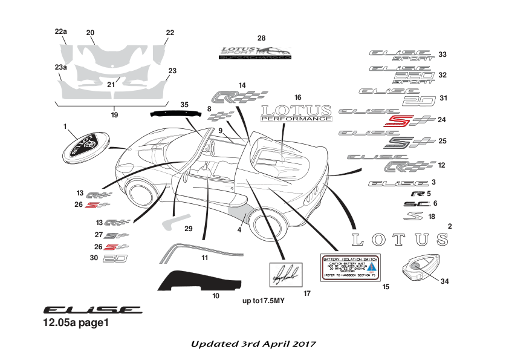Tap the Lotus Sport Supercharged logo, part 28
coord(254,53)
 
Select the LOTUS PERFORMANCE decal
coord(296,113)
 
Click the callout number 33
coord(443,55)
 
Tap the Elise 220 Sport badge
coord(401,75)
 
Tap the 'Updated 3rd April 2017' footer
coord(253,344)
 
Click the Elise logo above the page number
coord(92,309)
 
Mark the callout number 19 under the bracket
coord(114,114)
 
